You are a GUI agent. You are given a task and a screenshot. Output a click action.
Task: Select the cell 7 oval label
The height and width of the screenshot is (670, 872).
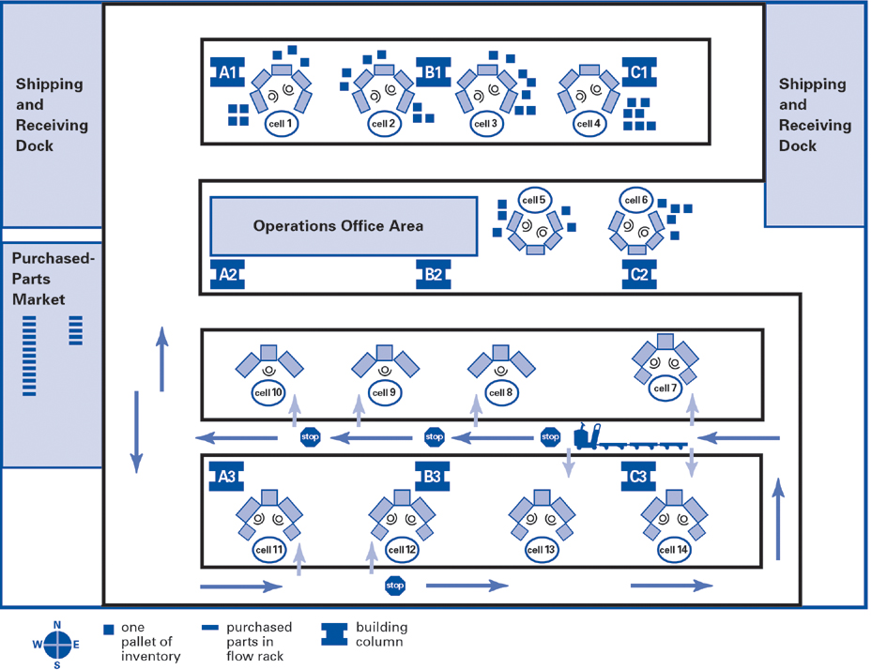click(x=664, y=388)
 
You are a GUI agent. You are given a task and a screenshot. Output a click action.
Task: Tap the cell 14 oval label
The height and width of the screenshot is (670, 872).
click(x=673, y=550)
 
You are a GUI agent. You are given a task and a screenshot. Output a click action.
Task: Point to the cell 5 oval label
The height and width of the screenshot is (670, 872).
click(x=534, y=200)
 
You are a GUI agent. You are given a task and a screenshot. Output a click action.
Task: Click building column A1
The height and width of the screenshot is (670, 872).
click(x=227, y=71)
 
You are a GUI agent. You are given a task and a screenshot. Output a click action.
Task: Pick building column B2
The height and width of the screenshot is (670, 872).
click(x=433, y=275)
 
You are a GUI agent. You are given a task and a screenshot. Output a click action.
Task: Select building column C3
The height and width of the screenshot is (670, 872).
click(x=638, y=477)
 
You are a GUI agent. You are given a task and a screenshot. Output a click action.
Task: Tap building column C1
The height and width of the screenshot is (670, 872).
click(x=638, y=71)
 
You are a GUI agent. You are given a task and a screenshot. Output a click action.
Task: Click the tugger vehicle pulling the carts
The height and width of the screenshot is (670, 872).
click(x=589, y=436)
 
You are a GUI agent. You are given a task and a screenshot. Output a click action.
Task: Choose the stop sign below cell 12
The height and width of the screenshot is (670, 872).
click(x=395, y=586)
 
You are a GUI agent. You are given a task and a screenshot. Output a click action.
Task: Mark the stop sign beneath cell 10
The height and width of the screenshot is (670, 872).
click(x=310, y=436)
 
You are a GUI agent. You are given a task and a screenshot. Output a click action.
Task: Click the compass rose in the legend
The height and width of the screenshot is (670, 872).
click(x=57, y=644)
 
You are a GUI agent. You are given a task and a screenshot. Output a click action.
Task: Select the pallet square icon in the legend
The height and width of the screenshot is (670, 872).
click(x=109, y=628)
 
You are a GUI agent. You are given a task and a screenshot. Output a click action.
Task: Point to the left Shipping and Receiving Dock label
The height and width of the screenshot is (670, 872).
click(x=49, y=114)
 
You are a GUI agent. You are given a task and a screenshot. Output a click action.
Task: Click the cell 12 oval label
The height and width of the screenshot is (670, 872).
click(x=402, y=550)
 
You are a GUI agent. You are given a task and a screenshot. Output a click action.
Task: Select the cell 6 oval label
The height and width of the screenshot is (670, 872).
click(x=636, y=200)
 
